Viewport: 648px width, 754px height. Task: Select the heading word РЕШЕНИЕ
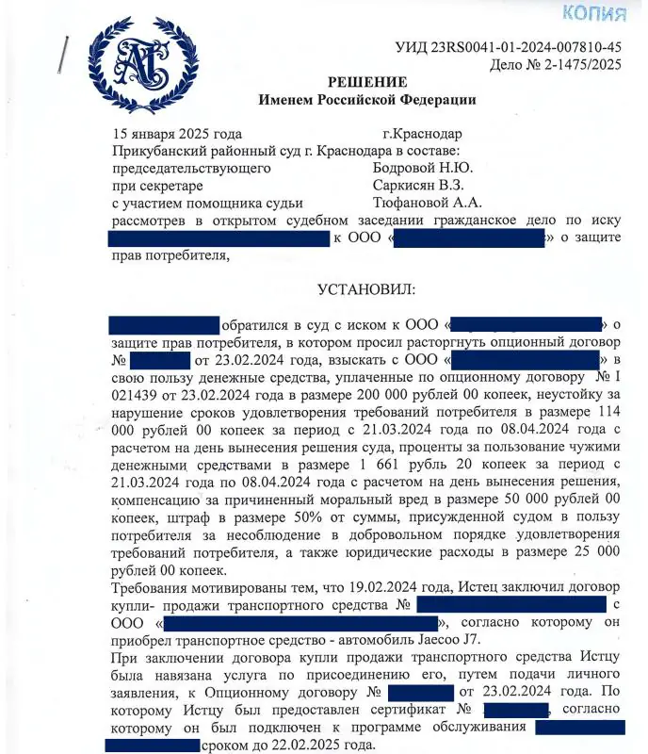[368, 82]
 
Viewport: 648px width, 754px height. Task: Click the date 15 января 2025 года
[177, 134]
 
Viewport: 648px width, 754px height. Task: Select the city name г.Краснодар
[423, 134]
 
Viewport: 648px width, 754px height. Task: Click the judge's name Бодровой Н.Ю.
[423, 168]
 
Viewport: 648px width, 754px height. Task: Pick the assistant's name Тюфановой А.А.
[427, 203]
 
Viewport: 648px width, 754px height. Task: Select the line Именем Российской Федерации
[368, 99]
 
